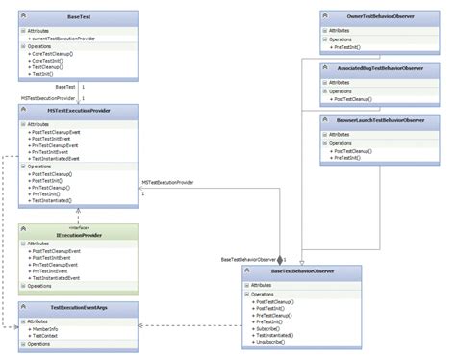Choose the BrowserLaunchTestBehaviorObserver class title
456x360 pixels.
[382, 120]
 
